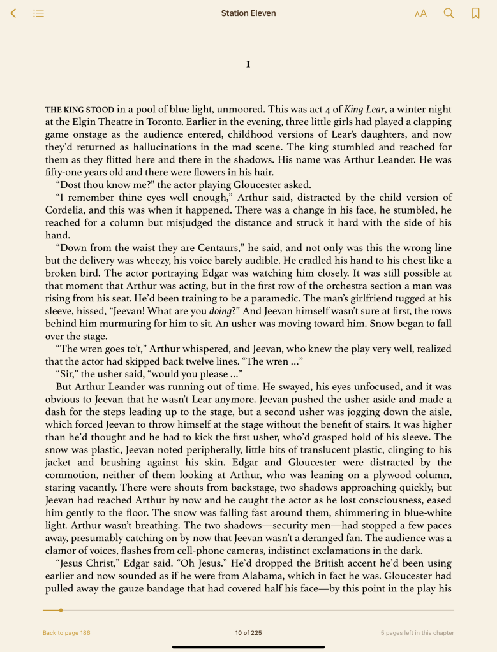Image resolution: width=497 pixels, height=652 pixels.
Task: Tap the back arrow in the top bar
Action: point(13,13)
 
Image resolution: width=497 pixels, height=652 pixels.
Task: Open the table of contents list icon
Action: point(39,13)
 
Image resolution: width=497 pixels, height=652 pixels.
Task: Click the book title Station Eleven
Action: point(248,13)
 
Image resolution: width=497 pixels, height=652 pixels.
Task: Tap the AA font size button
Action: point(420,13)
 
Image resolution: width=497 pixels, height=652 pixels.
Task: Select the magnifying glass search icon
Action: point(449,13)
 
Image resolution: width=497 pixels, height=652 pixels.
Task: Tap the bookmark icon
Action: point(475,13)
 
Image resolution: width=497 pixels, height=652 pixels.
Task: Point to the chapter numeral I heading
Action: point(248,64)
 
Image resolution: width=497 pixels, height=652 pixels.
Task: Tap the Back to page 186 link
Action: point(66,633)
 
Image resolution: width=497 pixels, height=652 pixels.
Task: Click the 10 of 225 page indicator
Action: point(248,633)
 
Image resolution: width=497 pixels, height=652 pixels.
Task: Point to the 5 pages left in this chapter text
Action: point(417,633)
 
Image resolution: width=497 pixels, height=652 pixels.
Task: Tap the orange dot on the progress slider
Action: point(61,610)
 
